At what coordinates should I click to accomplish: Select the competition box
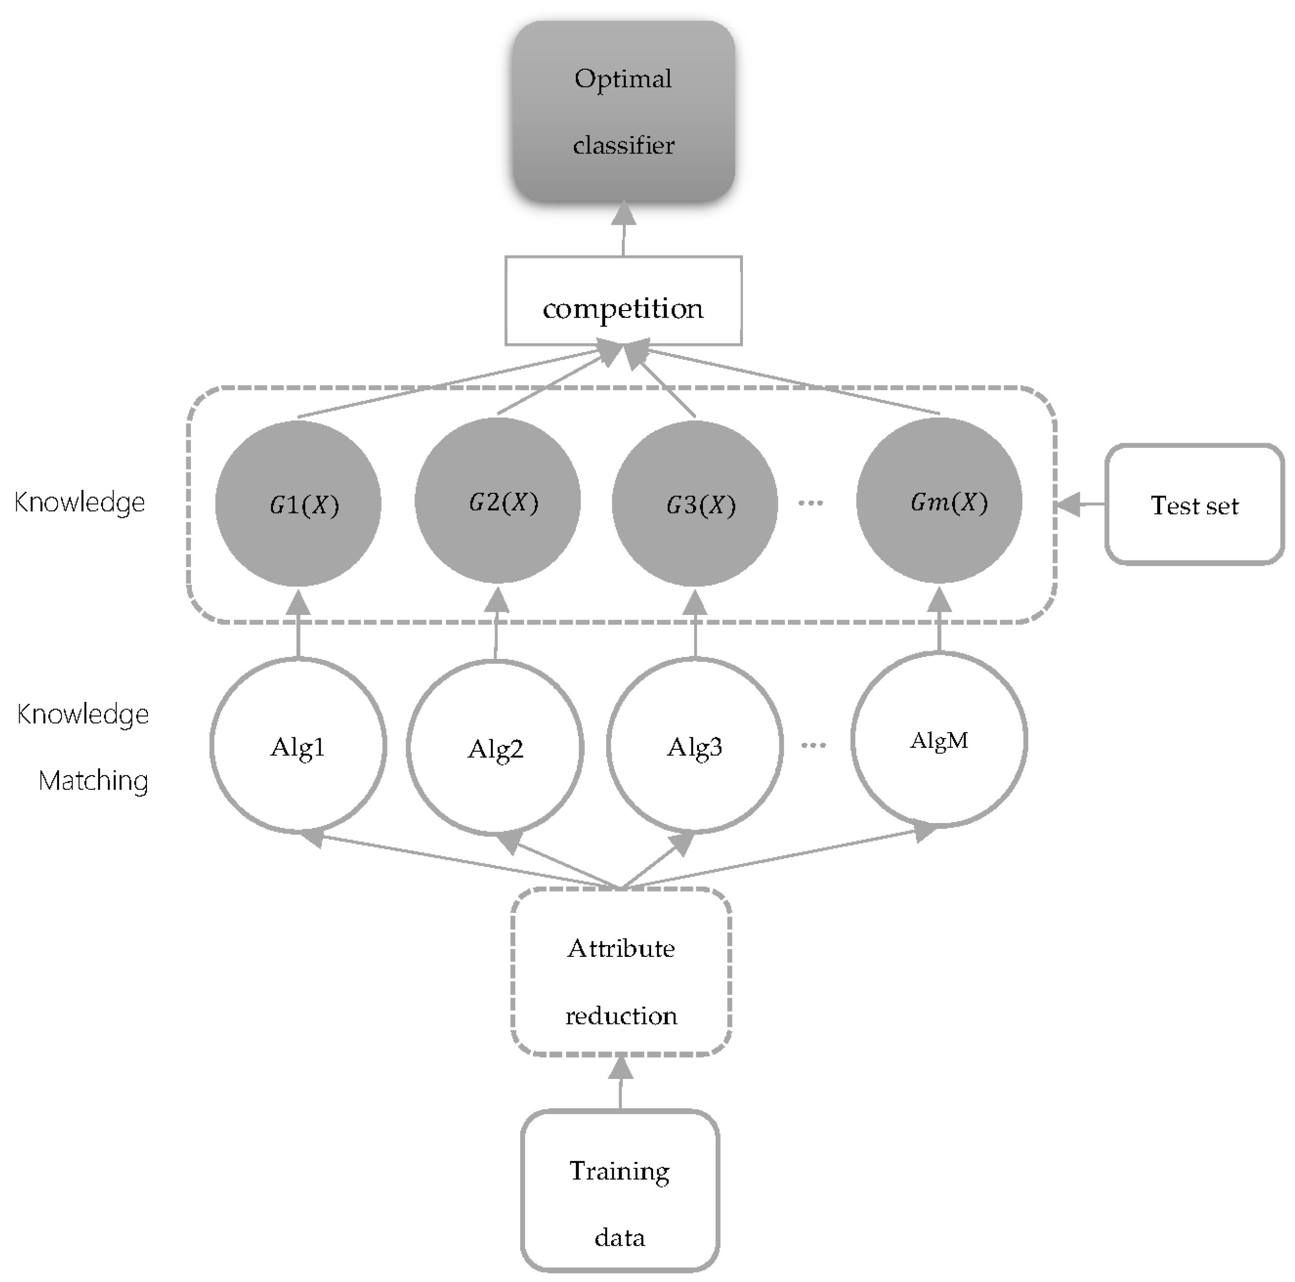623,301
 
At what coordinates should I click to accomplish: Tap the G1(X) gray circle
298,503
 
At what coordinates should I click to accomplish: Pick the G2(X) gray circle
497,500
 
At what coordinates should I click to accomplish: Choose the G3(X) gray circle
695,503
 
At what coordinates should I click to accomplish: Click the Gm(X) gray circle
939,500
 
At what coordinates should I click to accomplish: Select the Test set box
1194,504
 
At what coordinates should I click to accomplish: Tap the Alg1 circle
298,746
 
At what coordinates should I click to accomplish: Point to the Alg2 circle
495,747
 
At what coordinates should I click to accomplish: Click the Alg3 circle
695,746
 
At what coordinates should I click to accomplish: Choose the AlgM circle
939,739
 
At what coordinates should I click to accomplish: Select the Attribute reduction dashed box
621,981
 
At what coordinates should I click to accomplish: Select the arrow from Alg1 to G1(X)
298,623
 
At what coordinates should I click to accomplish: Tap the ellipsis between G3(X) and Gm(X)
810,502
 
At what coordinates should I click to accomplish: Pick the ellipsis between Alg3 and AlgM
813,745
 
